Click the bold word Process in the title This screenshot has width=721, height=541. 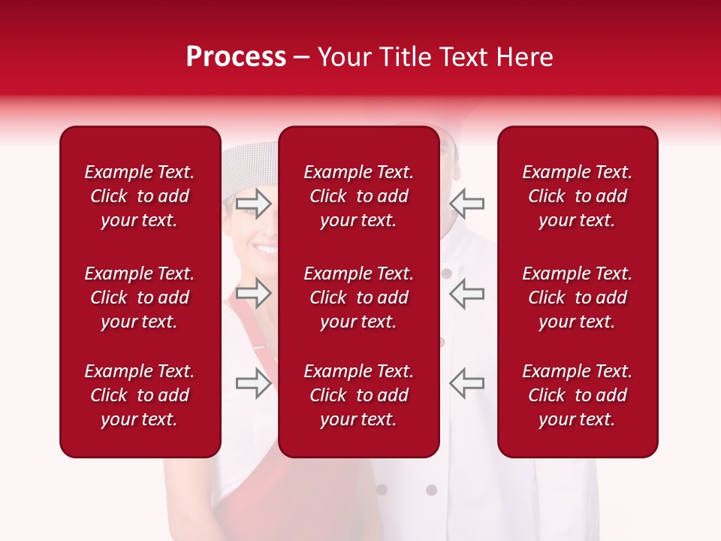coord(236,57)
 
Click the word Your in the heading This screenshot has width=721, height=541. coord(345,57)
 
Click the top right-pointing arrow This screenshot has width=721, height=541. coord(253,203)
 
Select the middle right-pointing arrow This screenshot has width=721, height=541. coord(253,292)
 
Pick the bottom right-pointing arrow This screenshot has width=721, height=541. coord(253,382)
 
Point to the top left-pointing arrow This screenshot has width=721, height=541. coord(466,203)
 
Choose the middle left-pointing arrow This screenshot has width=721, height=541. coord(466,292)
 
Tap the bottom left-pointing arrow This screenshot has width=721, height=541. coord(466,382)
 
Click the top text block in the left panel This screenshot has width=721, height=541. coord(140,196)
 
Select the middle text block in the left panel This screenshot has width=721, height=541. coord(140,298)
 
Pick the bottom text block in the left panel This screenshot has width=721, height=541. coord(140,395)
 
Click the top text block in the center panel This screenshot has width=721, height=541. coord(358,196)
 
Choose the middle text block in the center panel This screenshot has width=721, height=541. coord(358,298)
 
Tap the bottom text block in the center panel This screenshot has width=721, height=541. coord(358,395)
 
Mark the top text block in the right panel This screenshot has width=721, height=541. coord(577,196)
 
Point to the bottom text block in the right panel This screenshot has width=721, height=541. coord(577,395)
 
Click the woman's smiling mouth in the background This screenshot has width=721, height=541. coord(263,249)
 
